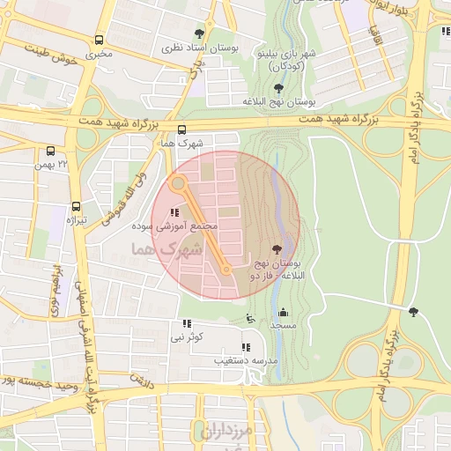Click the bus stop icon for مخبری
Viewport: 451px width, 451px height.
click(x=99, y=41)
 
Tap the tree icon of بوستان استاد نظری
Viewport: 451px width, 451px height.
click(x=209, y=33)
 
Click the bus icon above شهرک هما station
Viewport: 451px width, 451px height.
click(x=182, y=129)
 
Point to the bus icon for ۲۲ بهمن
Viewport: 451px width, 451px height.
click(x=50, y=151)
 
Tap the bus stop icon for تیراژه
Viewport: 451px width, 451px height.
click(x=77, y=206)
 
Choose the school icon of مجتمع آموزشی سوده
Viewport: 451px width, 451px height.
click(x=174, y=213)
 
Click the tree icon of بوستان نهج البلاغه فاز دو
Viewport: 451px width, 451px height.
click(x=278, y=250)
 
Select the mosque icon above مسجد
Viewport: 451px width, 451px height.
click(x=283, y=313)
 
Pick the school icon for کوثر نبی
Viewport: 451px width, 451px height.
click(x=186, y=324)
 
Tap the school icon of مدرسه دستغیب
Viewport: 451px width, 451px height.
click(x=245, y=348)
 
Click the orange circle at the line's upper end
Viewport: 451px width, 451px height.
click(x=179, y=184)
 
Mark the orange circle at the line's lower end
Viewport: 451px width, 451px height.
click(x=227, y=270)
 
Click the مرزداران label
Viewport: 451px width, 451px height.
click(x=226, y=432)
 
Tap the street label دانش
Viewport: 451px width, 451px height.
click(x=143, y=380)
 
